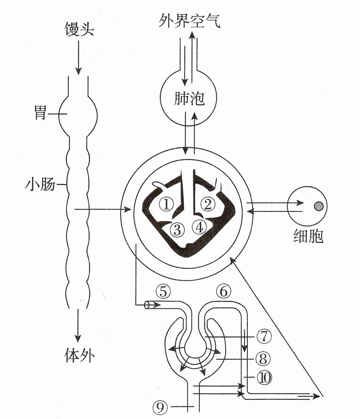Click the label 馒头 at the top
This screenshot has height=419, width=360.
(80, 29)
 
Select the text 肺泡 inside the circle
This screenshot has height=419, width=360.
(189, 98)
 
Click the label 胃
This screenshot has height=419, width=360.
(41, 113)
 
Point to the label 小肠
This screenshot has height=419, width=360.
(41, 185)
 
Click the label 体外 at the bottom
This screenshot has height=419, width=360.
(80, 355)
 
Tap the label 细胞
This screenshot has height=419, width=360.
(308, 236)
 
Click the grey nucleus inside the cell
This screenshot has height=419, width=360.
(319, 206)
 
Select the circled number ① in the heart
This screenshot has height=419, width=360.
(166, 205)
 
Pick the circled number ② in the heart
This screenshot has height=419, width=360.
(208, 204)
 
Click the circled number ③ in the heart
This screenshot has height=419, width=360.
(177, 230)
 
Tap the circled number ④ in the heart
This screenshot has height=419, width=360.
(199, 227)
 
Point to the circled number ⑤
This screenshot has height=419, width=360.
(163, 291)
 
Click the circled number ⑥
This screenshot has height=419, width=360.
(223, 291)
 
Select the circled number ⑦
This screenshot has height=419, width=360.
(264, 336)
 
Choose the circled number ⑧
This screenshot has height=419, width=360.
(263, 359)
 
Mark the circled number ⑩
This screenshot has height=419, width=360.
(264, 378)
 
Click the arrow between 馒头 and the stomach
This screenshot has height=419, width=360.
(78, 58)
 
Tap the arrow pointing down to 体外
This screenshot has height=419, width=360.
(78, 326)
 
